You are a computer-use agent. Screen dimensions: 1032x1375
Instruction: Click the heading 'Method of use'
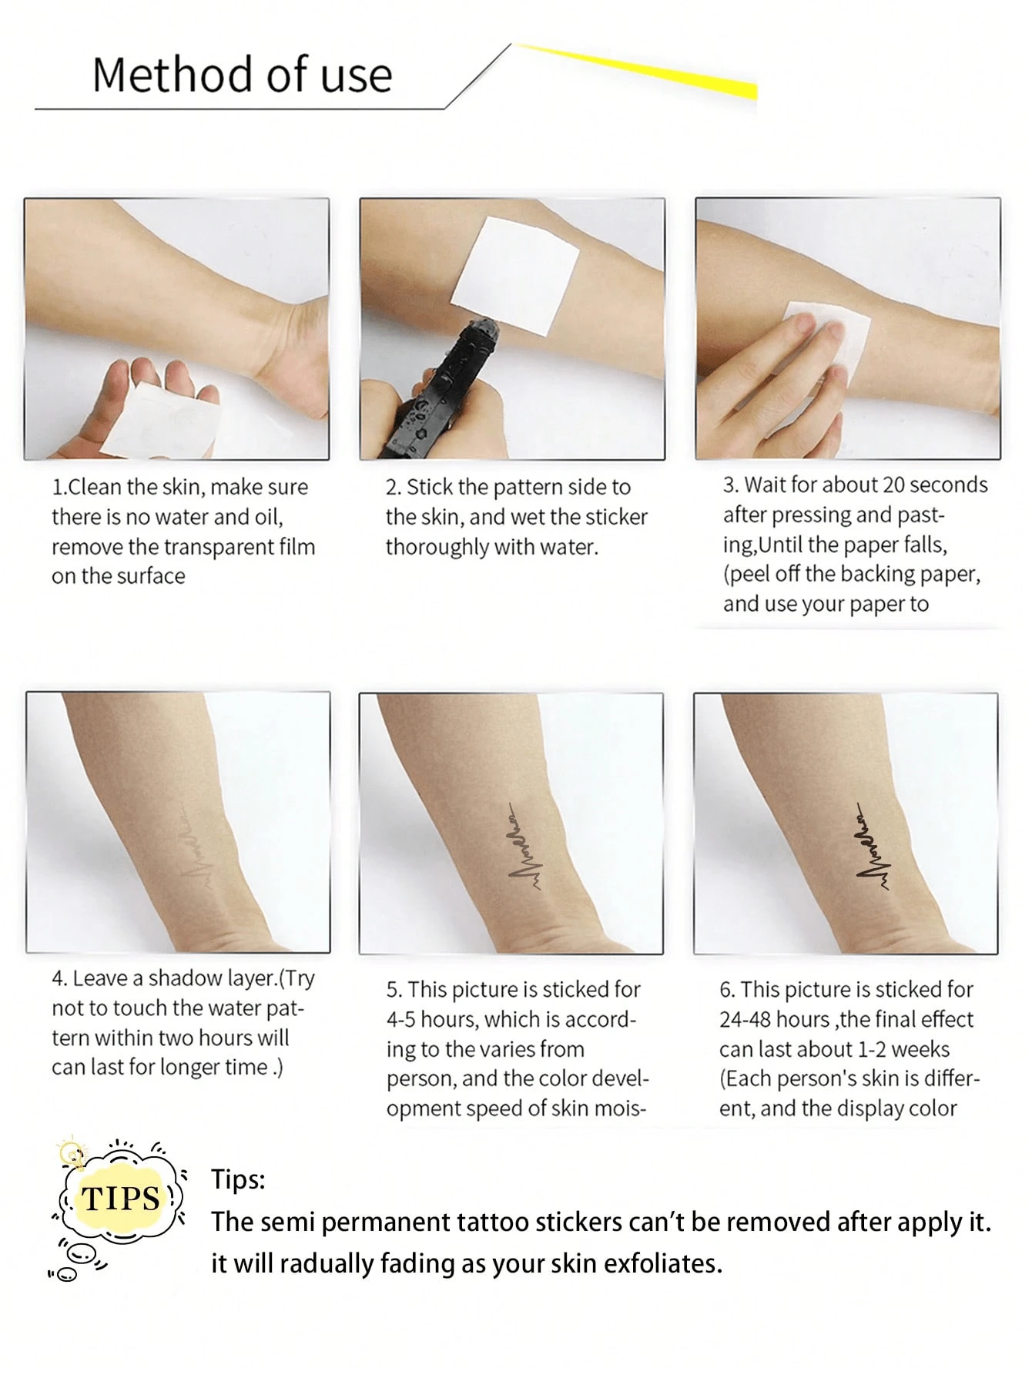click(243, 75)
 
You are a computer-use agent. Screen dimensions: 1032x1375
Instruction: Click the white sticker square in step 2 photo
click(515, 276)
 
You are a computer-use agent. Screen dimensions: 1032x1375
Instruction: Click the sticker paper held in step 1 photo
click(158, 420)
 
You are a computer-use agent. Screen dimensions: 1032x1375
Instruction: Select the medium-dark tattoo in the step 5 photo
click(524, 847)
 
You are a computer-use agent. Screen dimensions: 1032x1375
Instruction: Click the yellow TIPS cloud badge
click(121, 1199)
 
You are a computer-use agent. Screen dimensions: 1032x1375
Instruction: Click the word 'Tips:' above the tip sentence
click(238, 1179)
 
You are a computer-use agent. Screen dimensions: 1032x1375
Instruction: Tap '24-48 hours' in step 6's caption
click(774, 1019)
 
